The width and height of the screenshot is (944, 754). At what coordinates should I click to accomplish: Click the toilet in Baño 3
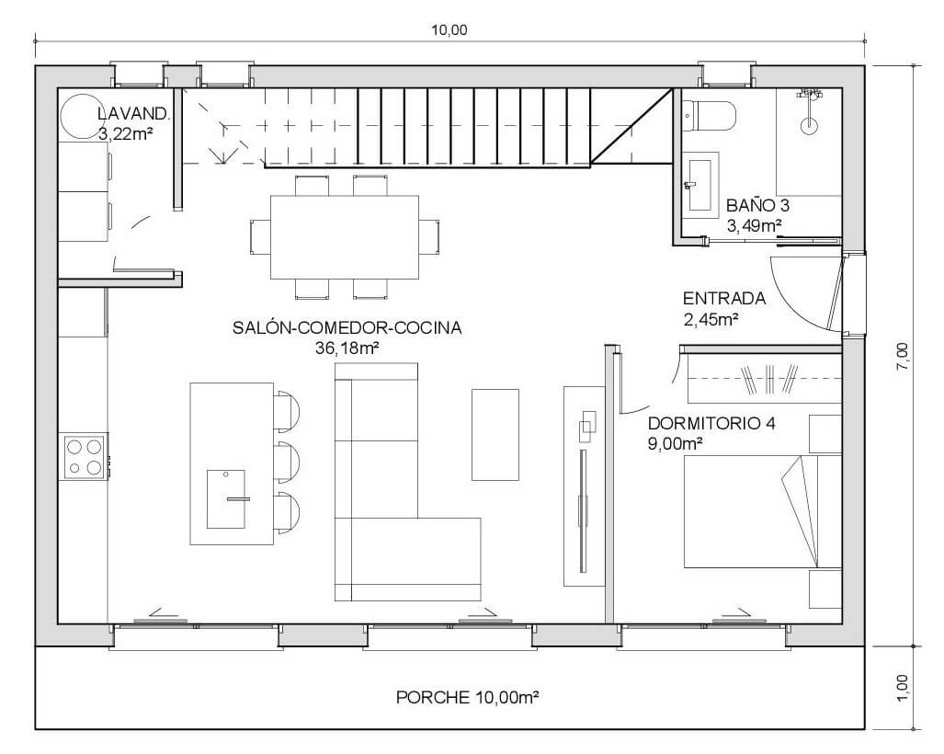(x=710, y=116)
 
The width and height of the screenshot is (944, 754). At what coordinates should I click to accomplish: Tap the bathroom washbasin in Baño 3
(x=700, y=184)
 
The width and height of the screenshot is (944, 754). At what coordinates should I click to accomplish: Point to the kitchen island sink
(x=226, y=498)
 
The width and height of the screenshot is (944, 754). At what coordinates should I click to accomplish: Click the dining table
(x=345, y=237)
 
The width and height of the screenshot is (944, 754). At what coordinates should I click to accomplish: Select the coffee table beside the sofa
(x=495, y=434)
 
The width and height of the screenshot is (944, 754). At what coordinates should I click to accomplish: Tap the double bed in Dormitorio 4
(x=762, y=511)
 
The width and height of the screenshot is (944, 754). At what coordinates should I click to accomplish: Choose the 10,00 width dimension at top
(x=449, y=30)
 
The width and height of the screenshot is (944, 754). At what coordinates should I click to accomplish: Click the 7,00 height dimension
(x=903, y=356)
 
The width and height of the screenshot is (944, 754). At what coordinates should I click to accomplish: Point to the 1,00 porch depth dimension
(x=903, y=687)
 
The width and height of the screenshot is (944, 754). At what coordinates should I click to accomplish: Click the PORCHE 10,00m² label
(x=467, y=697)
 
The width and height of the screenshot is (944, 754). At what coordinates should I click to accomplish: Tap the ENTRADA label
(x=724, y=298)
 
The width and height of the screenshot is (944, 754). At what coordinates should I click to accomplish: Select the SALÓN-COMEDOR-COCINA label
(x=347, y=327)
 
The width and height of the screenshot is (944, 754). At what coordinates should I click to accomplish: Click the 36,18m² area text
(x=347, y=348)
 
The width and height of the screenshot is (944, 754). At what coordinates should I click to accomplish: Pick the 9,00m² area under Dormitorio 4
(x=676, y=444)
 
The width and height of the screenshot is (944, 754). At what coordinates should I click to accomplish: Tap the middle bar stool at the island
(x=287, y=462)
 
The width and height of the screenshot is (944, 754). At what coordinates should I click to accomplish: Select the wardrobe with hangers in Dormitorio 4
(x=765, y=379)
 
